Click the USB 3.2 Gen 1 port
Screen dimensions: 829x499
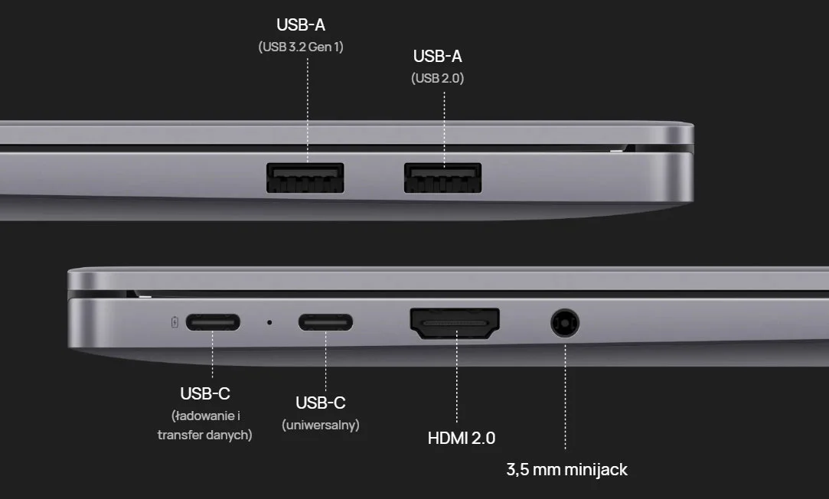(305, 178)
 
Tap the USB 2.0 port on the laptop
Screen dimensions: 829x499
(442, 178)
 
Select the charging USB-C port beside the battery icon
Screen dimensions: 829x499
(213, 322)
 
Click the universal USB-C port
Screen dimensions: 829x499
(325, 322)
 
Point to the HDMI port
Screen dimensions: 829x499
(455, 323)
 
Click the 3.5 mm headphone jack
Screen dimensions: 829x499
(565, 322)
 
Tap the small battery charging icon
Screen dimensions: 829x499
(175, 322)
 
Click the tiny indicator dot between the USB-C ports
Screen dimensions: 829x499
(269, 322)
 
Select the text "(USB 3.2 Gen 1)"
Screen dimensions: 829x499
(301, 47)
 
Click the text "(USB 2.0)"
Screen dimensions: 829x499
(438, 78)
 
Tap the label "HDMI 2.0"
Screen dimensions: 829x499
(462, 439)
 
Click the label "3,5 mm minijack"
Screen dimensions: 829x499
(566, 469)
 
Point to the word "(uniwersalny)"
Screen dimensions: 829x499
(321, 425)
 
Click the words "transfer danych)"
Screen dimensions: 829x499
(204, 435)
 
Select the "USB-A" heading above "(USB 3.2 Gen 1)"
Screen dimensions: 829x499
(301, 24)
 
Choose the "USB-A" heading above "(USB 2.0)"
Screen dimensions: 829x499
(438, 56)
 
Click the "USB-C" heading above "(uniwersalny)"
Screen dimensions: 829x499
(321, 403)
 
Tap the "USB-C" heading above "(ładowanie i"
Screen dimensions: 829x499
(205, 394)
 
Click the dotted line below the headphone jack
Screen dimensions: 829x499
(565, 397)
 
